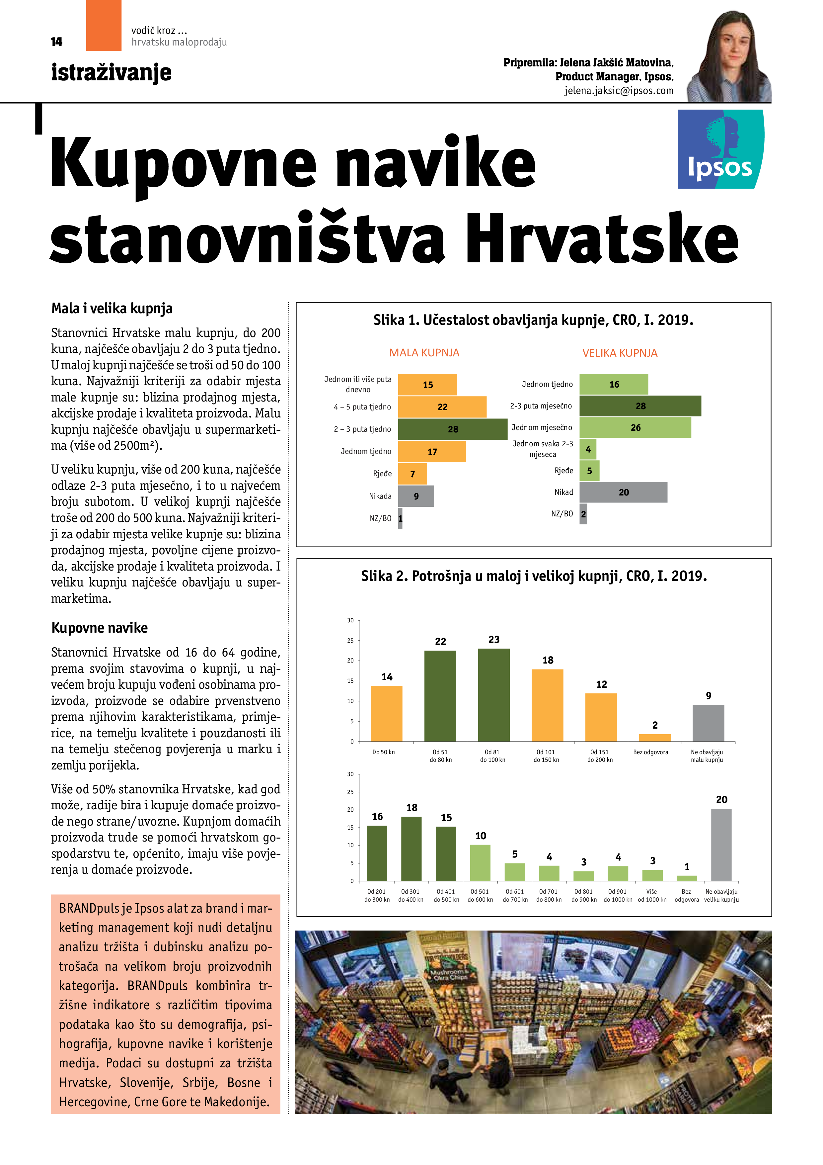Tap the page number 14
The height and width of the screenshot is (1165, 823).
click(x=56, y=42)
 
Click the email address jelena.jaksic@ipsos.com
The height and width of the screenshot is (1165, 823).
click(x=619, y=91)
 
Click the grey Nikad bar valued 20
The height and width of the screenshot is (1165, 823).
click(x=623, y=492)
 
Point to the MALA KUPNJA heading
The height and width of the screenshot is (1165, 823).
click(x=424, y=353)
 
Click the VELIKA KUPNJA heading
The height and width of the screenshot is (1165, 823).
click(x=620, y=353)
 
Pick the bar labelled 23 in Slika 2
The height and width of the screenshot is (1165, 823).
click(x=493, y=695)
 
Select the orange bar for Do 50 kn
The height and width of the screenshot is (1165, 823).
click(x=386, y=713)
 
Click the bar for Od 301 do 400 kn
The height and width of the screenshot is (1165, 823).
click(x=411, y=849)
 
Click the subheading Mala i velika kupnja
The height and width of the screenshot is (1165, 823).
click(x=112, y=309)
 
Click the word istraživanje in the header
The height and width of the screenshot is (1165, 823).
click(x=111, y=72)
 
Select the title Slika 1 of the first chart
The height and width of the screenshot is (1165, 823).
click(x=533, y=320)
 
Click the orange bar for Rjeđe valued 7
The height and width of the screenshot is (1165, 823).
click(x=412, y=474)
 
